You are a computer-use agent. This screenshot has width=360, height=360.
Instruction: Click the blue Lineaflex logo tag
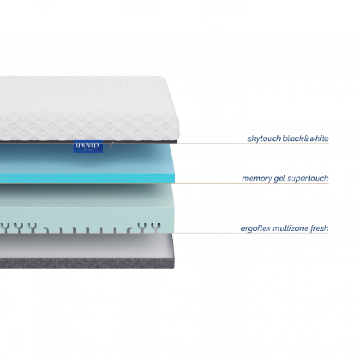88,147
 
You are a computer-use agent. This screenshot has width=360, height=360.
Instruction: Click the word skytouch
264,139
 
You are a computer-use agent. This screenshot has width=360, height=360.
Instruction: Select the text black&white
306,139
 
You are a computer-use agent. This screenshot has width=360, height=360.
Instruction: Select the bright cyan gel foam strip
87,178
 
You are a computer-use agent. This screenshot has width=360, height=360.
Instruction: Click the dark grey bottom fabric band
87,263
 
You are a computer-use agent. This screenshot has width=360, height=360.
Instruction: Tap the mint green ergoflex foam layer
87,208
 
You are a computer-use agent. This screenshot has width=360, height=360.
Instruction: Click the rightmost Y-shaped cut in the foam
156,227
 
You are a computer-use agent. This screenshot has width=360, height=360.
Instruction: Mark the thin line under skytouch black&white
252,144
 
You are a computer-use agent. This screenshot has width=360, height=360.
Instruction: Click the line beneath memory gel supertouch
252,183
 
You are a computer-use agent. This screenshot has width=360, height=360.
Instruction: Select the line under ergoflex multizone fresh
251,233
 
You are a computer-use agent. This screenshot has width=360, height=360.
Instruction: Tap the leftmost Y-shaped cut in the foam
5,228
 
